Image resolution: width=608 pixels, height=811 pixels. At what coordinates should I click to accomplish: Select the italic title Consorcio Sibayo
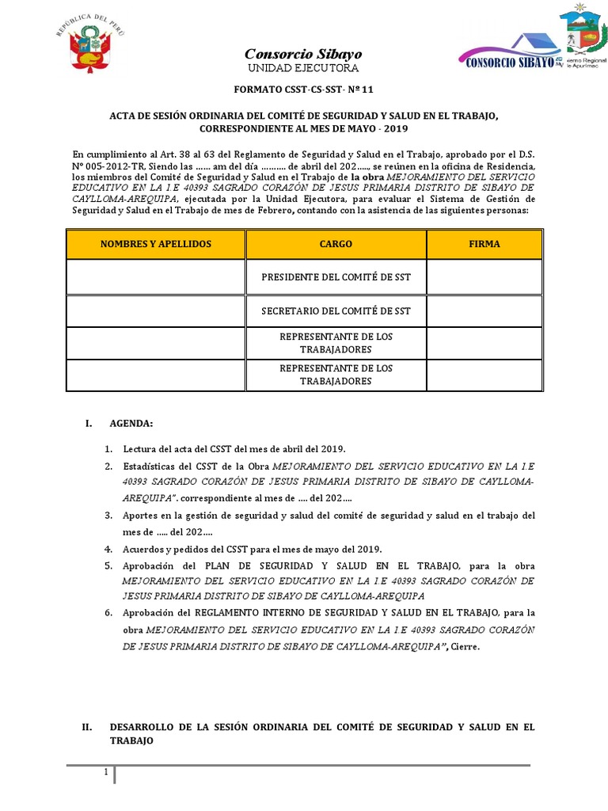303,54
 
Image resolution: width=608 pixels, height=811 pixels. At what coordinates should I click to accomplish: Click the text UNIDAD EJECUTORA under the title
303,69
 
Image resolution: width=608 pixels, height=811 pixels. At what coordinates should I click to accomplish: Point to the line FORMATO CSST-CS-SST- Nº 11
303,92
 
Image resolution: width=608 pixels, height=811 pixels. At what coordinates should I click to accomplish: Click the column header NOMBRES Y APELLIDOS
155,244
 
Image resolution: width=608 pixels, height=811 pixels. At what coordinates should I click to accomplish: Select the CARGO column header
336,244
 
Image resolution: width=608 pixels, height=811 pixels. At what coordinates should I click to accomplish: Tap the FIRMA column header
484,244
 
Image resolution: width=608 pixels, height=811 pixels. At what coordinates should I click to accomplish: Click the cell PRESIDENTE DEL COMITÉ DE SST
336,277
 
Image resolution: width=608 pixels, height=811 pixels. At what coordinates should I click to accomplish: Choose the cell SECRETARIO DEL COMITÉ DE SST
336,310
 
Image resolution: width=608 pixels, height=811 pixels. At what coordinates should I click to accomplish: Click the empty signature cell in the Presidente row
484,277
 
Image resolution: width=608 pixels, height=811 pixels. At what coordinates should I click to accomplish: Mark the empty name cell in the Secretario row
155,310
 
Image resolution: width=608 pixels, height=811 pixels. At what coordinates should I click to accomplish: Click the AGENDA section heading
131,424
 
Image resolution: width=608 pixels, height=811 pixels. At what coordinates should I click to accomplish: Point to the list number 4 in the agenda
108,549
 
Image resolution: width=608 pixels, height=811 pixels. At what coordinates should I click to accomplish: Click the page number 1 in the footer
105,772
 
